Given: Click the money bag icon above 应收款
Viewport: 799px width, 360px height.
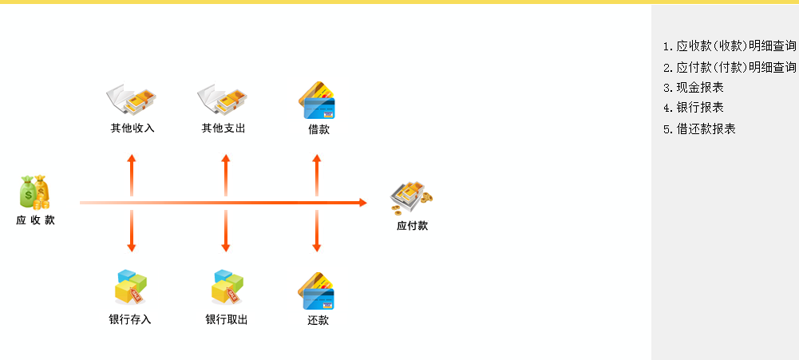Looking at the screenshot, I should pos(35,192).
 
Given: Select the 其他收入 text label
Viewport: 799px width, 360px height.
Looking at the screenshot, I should pos(132,128).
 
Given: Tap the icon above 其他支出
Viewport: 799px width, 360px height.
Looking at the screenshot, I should pos(223,99).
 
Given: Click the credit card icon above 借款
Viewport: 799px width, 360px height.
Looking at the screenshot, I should pos(316,100).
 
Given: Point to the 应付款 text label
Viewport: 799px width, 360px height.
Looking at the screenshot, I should pos(412,226).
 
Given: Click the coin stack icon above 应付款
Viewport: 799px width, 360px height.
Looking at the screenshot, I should pos(411,197).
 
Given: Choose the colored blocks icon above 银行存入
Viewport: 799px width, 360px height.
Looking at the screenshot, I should pos(131,287).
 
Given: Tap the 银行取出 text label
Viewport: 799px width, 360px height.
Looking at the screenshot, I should pos(226,320).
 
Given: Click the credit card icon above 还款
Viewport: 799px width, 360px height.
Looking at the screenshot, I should pos(317,291).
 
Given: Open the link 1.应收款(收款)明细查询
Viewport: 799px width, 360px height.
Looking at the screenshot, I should pos(730,46).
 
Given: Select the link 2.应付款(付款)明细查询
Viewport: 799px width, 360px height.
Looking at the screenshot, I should pos(730,67).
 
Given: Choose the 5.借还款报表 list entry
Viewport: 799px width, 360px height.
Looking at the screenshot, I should pos(699,129).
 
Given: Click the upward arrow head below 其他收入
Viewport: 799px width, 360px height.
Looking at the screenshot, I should pos(132,159).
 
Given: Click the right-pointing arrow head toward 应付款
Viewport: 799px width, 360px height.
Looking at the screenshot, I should pos(362,203).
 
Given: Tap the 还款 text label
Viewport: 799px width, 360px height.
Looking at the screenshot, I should pos(318,321).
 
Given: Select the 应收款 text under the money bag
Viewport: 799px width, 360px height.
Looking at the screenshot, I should pos(35,220).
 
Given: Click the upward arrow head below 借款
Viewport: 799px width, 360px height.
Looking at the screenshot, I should pos(317,159).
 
